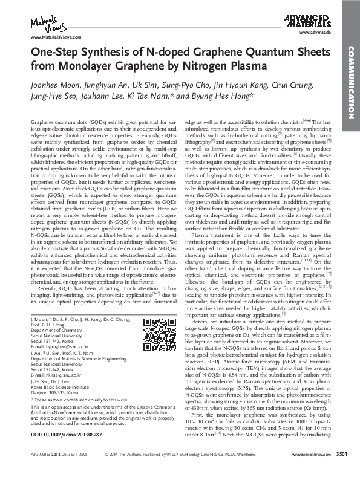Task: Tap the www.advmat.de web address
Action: tap(320, 37)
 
